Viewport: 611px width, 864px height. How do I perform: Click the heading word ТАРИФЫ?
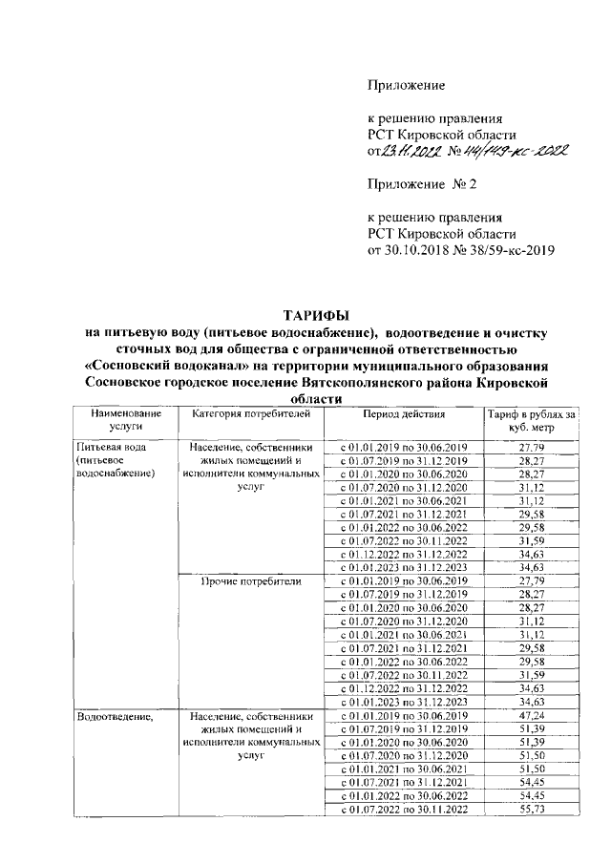pos(315,315)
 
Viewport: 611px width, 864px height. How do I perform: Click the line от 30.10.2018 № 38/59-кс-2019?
pos(461,250)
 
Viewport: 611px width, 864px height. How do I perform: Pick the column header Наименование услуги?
pos(120,421)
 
